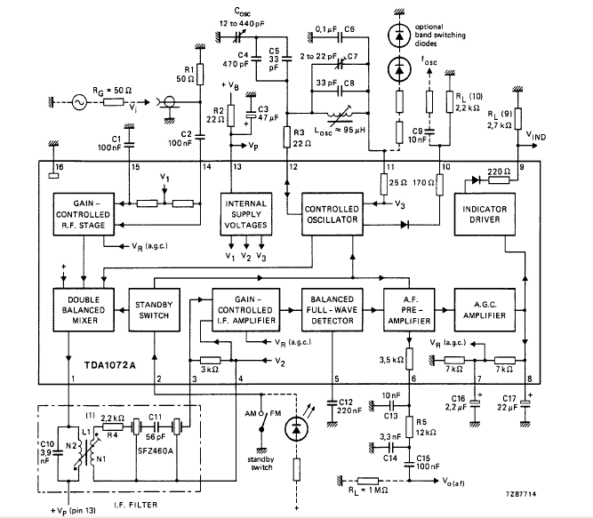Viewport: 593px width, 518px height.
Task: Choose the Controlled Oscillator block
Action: pos(328,213)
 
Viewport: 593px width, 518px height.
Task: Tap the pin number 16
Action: pos(60,166)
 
